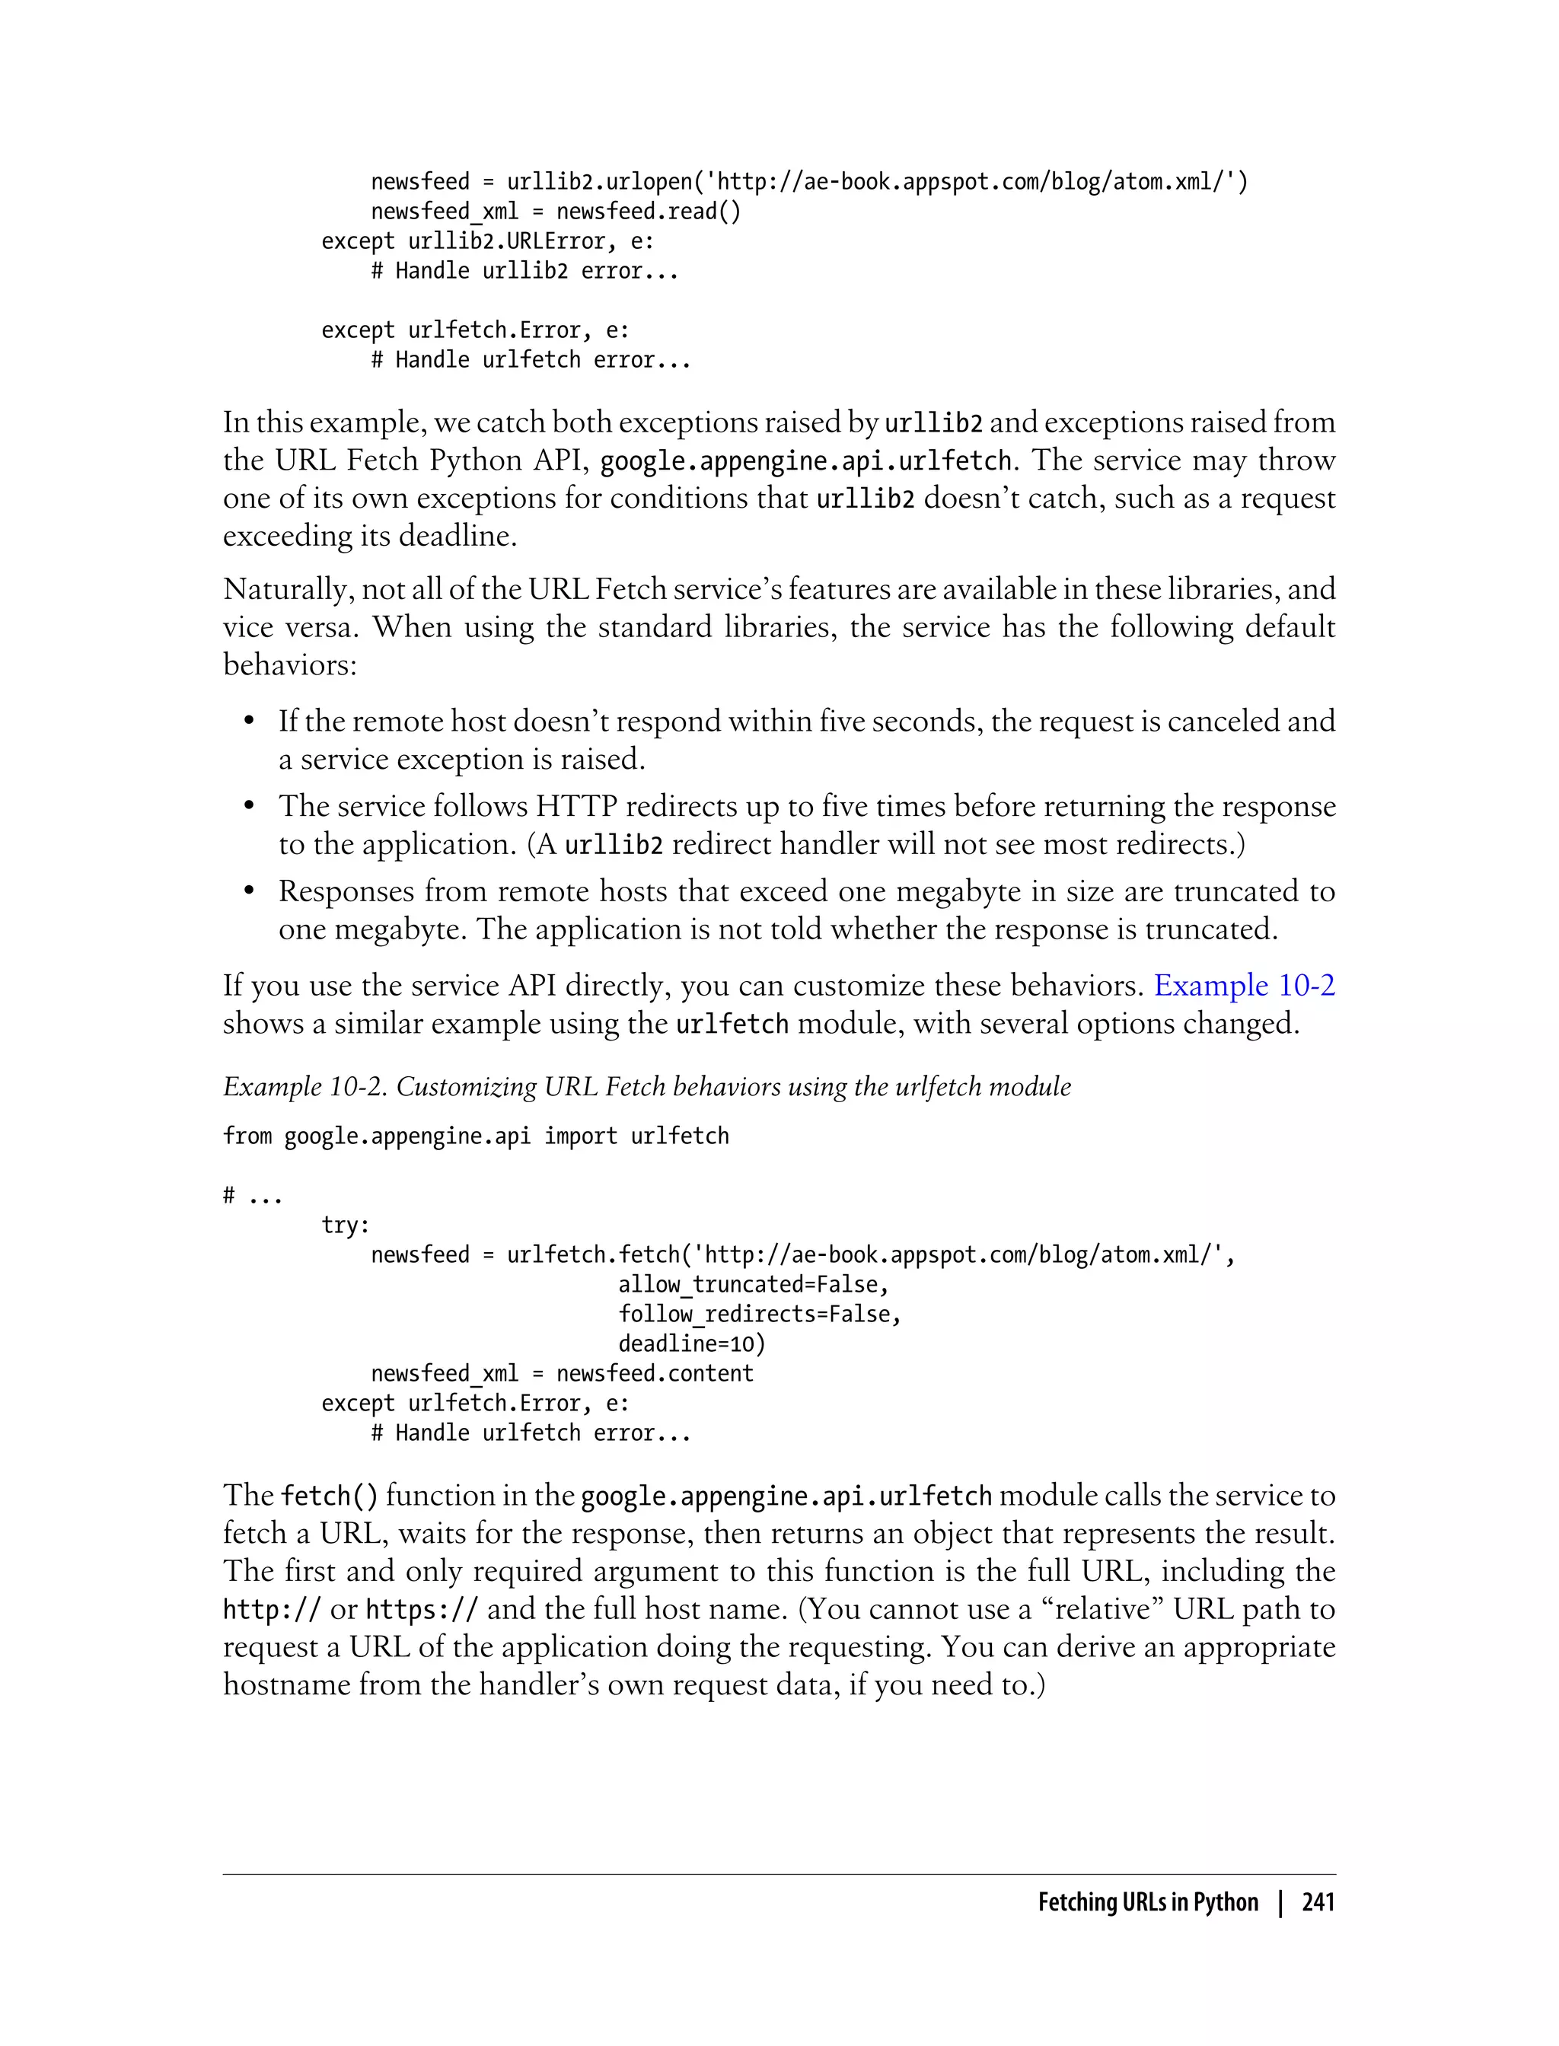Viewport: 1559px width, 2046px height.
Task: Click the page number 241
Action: pyautogui.click(x=1318, y=1901)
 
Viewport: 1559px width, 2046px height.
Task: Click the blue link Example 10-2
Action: pyautogui.click(x=1244, y=986)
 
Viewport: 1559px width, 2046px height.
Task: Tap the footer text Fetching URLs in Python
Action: pyautogui.click(x=1147, y=1901)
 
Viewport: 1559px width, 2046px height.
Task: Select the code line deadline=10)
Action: pyautogui.click(x=691, y=1343)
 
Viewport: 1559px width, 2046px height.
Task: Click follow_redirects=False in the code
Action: pyautogui.click(x=759, y=1314)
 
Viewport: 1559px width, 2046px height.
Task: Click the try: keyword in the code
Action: pyautogui.click(x=345, y=1225)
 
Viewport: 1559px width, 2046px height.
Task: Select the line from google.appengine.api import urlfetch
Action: pyautogui.click(x=475, y=1136)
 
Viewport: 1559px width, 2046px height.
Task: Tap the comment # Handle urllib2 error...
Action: pyautogui.click(x=524, y=271)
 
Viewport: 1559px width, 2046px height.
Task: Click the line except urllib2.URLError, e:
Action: pyautogui.click(x=487, y=241)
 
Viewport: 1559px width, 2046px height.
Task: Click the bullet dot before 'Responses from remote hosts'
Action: pyautogui.click(x=249, y=892)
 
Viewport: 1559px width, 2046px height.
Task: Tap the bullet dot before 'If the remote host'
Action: pyautogui.click(x=249, y=722)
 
